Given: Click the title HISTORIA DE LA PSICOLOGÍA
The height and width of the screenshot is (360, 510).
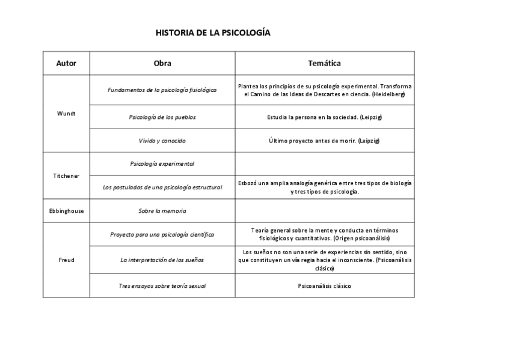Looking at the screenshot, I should point(213,32).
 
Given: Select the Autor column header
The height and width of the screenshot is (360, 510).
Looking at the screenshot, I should point(66,63).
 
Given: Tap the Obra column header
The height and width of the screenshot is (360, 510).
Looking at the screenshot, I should point(162,63).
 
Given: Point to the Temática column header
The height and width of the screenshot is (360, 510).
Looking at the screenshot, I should point(324,63).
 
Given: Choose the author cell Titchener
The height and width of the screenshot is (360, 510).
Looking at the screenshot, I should point(66,175).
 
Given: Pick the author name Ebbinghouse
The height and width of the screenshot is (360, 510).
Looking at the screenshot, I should point(66,211).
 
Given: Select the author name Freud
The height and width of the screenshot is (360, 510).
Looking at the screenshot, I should point(66,260).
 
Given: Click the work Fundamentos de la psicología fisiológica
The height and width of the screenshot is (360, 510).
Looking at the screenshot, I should point(162,90).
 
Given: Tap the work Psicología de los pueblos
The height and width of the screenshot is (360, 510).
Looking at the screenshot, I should point(162,117).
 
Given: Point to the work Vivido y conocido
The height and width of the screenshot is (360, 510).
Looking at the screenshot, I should point(162,141).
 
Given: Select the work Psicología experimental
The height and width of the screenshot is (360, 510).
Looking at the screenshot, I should point(162,163).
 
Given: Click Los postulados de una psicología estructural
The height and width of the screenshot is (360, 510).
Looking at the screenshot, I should point(162,188).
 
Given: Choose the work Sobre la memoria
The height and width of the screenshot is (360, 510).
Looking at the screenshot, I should point(162,211).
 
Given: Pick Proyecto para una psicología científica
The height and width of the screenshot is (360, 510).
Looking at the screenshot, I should point(162,234).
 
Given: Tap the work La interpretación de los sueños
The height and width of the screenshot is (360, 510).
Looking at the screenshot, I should point(162,260).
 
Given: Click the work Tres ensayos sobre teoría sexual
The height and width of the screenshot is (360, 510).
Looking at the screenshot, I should point(162,286).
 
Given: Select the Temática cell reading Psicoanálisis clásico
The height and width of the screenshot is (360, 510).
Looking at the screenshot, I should point(324,286).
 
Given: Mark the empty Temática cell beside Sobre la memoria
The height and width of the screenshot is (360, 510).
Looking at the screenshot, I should point(324,211).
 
